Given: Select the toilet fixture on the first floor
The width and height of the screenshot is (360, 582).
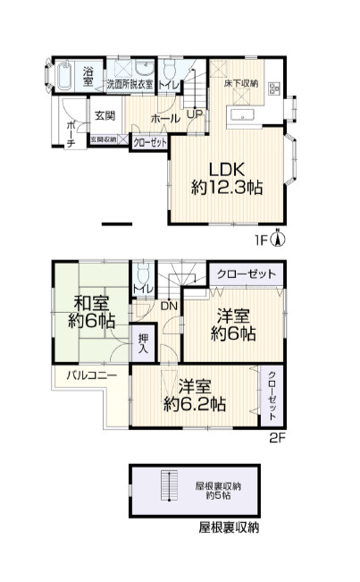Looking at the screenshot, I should click(x=168, y=72).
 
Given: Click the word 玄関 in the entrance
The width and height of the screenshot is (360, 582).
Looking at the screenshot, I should click(x=105, y=115).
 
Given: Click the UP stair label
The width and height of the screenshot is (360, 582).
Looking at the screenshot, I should click(x=194, y=114).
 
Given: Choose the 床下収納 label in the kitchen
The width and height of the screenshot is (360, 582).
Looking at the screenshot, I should click(x=242, y=83).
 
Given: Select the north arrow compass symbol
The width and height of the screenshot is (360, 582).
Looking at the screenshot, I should click(x=278, y=238).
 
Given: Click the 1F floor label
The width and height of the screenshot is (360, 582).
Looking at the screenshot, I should click(x=261, y=240).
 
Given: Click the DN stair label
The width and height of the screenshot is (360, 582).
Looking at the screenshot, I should click(x=169, y=307).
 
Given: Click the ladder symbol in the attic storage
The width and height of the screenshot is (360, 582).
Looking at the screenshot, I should click(x=164, y=487).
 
